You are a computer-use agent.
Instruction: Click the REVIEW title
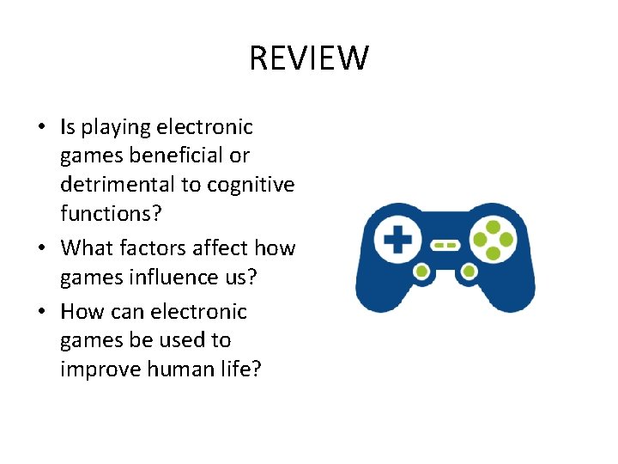click(x=309, y=59)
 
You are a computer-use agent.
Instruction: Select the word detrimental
click(x=120, y=185)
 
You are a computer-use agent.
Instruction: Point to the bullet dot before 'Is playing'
click(x=41, y=128)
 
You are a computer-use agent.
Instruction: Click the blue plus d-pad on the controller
click(x=397, y=241)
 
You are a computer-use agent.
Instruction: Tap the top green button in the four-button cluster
click(x=493, y=227)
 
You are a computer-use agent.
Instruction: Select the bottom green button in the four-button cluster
click(x=493, y=253)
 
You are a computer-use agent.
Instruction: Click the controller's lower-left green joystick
click(x=421, y=272)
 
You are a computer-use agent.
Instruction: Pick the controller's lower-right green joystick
click(x=469, y=272)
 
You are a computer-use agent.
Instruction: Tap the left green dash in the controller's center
click(x=439, y=245)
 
